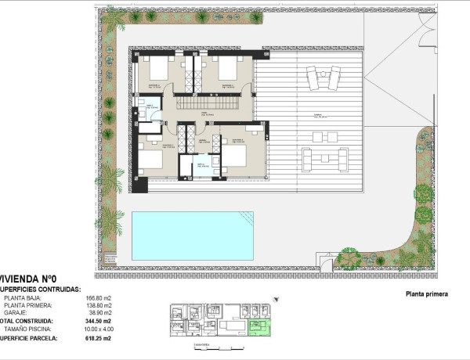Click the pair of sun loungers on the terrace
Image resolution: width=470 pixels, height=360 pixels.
coord(322,79)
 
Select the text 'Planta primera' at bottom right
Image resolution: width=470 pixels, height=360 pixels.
coord(426,294)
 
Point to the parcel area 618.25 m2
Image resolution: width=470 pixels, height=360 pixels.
coord(99,339)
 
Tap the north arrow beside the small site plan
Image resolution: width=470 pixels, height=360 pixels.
coord(276,298)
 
